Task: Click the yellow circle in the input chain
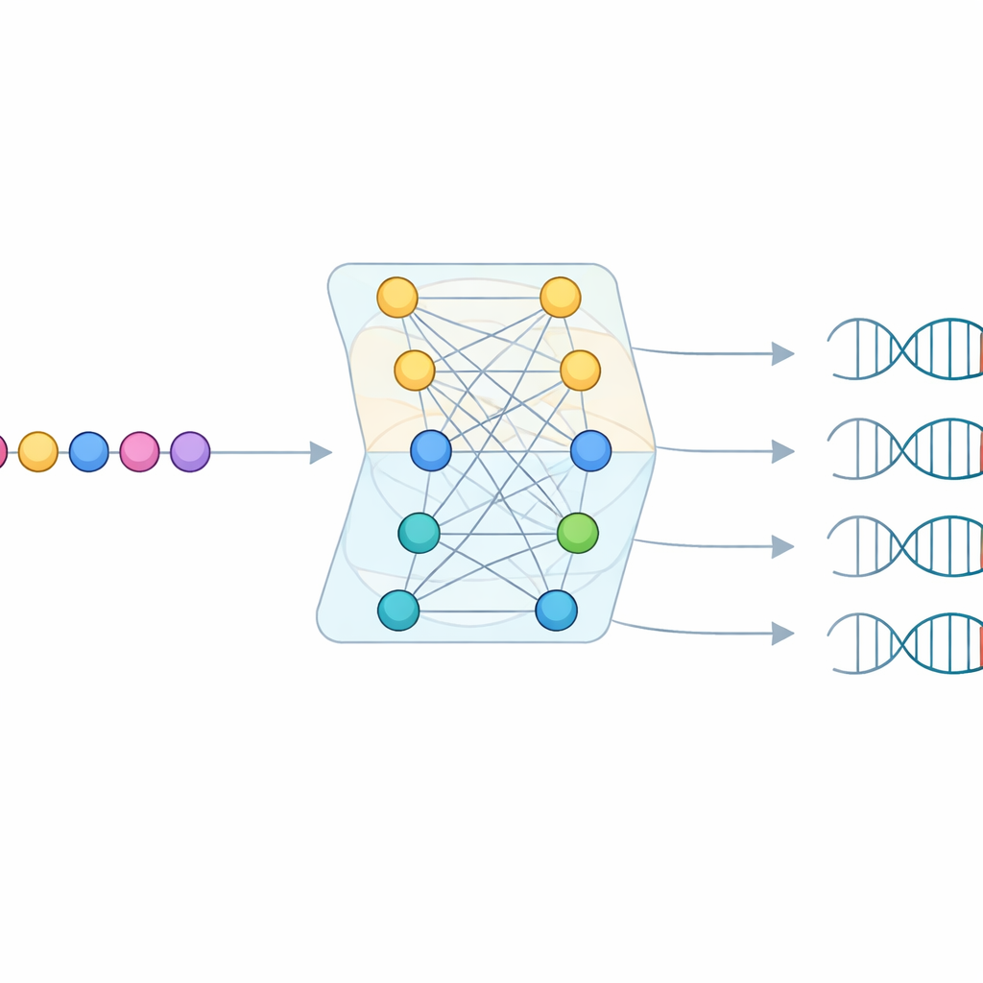click(x=38, y=451)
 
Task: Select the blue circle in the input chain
click(x=89, y=451)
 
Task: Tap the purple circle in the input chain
click(x=190, y=451)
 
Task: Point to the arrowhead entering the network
click(x=321, y=452)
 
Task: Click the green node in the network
click(x=578, y=533)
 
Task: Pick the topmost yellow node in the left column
click(x=397, y=298)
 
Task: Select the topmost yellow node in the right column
click(x=561, y=298)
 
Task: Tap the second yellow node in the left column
click(x=415, y=371)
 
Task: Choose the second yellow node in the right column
click(x=580, y=371)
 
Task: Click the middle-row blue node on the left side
click(x=431, y=450)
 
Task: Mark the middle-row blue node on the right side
click(x=590, y=450)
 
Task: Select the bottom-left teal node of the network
click(x=398, y=610)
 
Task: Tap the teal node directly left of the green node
click(x=420, y=533)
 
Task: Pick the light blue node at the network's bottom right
click(x=557, y=610)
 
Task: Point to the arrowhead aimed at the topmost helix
click(x=783, y=354)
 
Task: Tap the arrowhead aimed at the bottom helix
click(x=783, y=633)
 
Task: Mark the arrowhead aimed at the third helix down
click(x=783, y=547)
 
